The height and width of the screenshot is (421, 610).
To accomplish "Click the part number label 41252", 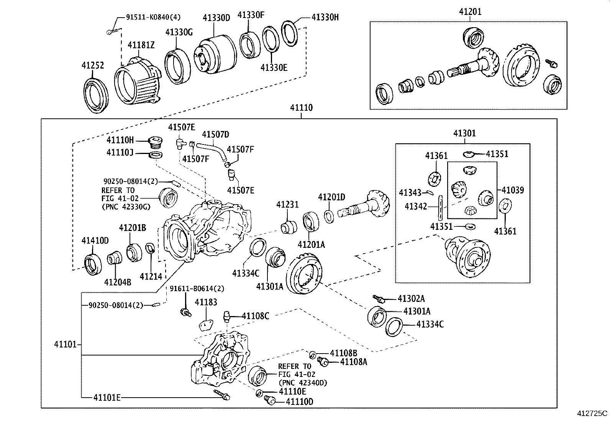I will click(92, 66).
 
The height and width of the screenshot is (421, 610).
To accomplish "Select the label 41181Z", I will click(141, 45).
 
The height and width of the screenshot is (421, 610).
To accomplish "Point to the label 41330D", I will click(216, 18).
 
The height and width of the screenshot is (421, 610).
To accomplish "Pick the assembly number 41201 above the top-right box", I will click(470, 12).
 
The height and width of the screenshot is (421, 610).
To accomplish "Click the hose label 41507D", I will click(215, 134).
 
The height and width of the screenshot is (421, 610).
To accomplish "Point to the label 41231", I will click(287, 205).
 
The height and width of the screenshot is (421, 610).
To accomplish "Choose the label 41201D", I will click(331, 197).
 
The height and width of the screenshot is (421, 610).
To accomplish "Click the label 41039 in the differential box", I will click(512, 190).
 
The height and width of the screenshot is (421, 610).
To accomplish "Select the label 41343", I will click(410, 192).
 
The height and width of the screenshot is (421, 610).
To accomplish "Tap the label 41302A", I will click(411, 299).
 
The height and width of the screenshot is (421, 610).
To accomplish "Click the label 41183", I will click(206, 302).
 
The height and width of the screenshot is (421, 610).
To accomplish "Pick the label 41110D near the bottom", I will click(300, 401).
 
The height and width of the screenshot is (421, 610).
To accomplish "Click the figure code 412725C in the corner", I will click(592, 413).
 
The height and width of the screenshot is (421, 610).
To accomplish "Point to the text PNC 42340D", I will click(303, 383).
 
